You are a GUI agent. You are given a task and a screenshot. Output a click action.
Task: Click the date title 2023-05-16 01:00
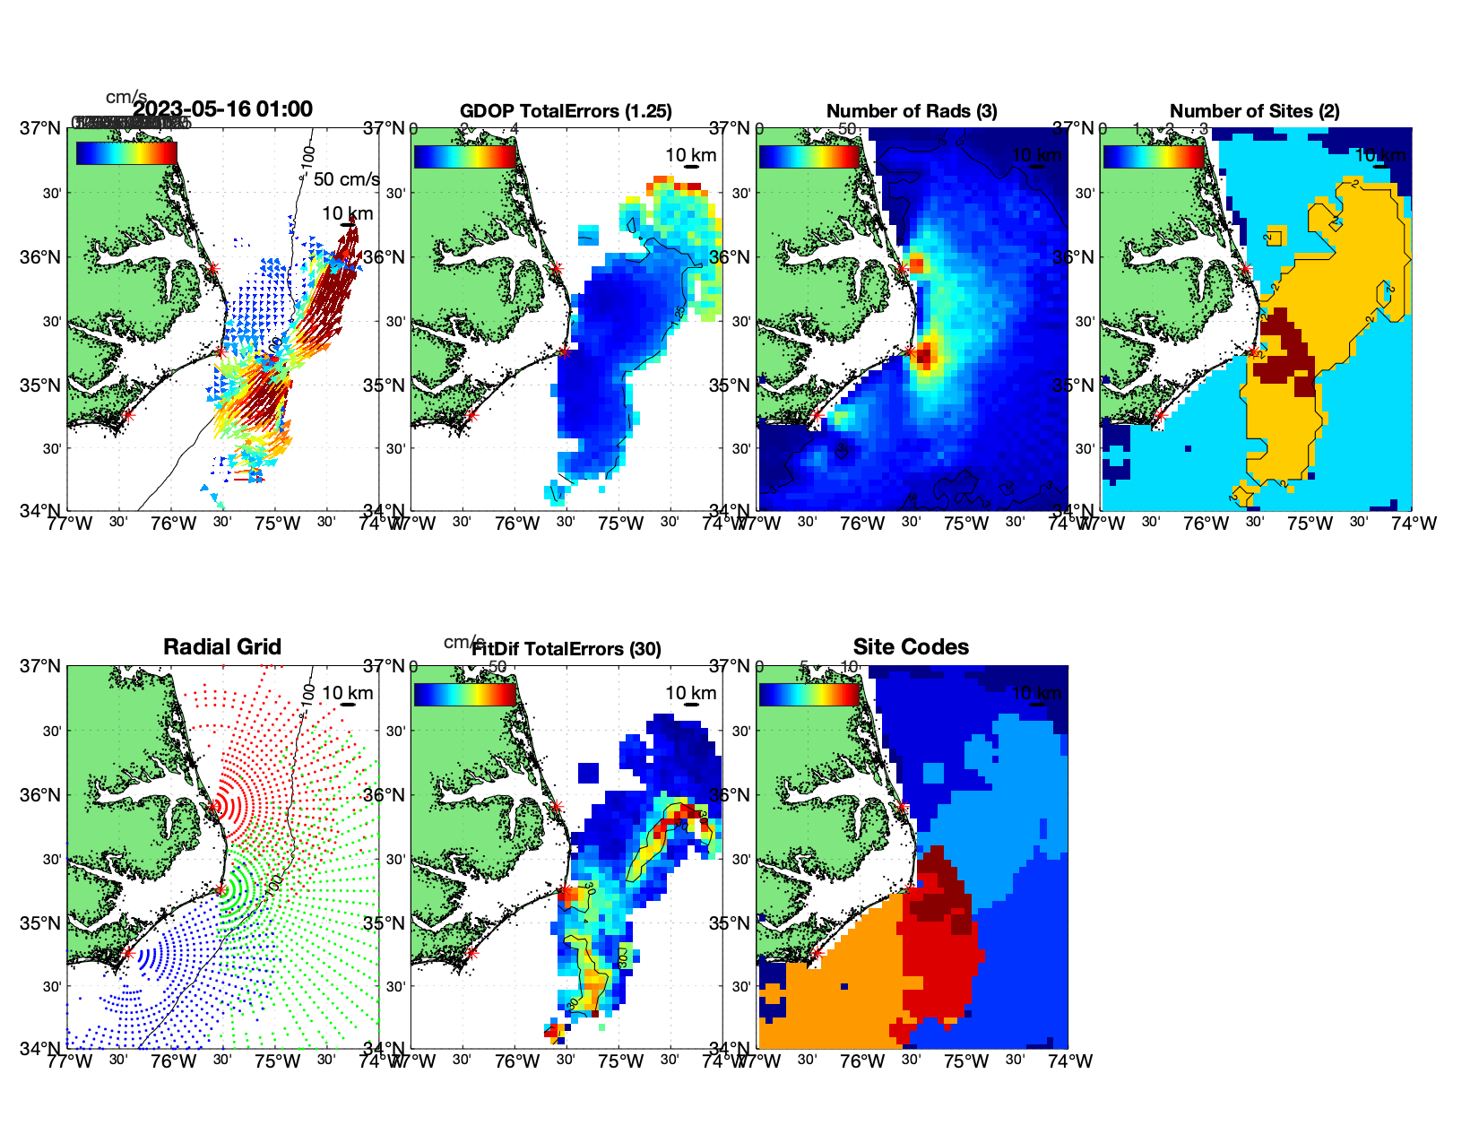(223, 109)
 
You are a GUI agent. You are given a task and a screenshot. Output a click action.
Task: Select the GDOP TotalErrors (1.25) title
(566, 111)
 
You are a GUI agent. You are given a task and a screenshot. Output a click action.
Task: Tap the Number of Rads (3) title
(912, 111)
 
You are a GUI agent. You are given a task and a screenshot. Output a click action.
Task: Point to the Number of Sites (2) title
(1254, 111)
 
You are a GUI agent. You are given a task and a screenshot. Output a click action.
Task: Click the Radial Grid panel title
(222, 647)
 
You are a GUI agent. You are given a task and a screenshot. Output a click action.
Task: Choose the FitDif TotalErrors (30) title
(567, 649)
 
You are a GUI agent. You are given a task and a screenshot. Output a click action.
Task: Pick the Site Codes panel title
(911, 647)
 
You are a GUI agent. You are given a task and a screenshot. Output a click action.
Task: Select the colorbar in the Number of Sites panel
(1154, 156)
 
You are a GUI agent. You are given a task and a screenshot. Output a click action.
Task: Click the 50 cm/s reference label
(346, 179)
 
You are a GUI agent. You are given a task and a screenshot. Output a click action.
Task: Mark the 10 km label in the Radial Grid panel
(347, 693)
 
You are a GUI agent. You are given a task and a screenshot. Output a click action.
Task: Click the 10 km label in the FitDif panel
(690, 693)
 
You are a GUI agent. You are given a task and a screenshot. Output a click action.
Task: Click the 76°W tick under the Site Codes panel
(862, 1061)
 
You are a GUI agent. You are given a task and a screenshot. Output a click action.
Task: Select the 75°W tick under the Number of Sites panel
(1310, 524)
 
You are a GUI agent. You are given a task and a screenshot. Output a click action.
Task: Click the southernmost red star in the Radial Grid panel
(127, 953)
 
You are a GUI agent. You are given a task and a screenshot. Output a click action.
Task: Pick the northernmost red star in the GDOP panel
(557, 268)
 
